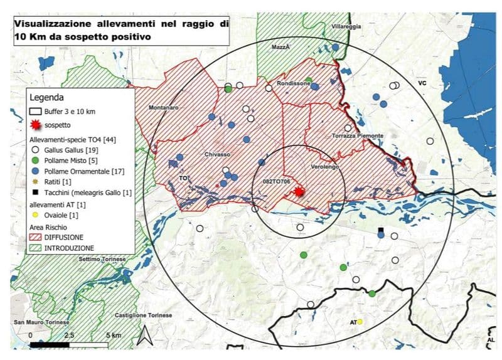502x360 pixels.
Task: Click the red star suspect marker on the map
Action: point(299,192)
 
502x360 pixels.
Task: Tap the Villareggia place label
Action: point(346,27)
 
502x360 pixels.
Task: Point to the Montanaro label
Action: point(164,107)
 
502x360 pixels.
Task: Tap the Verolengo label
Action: point(324,167)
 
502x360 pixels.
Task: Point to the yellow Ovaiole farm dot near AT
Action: point(360,322)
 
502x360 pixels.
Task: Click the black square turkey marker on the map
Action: point(380,230)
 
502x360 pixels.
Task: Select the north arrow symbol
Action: point(144,336)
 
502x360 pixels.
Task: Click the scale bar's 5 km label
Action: point(113,336)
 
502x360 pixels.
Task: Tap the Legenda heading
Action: point(46,98)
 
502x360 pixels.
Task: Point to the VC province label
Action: point(422,82)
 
